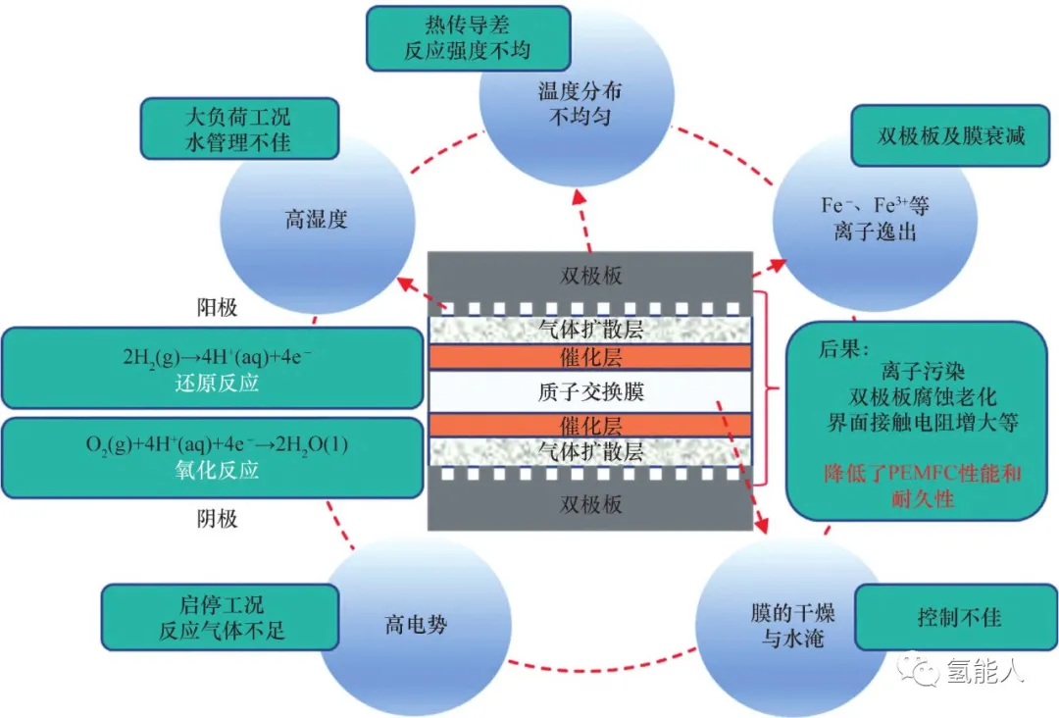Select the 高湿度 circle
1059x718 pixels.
316,220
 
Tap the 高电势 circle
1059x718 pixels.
415,624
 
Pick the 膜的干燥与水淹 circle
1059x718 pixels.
784,627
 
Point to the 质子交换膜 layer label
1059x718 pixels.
591,392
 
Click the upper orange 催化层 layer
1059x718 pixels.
591,358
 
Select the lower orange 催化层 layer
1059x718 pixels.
591,426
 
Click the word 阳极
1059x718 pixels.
217,308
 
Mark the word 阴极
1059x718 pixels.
217,519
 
